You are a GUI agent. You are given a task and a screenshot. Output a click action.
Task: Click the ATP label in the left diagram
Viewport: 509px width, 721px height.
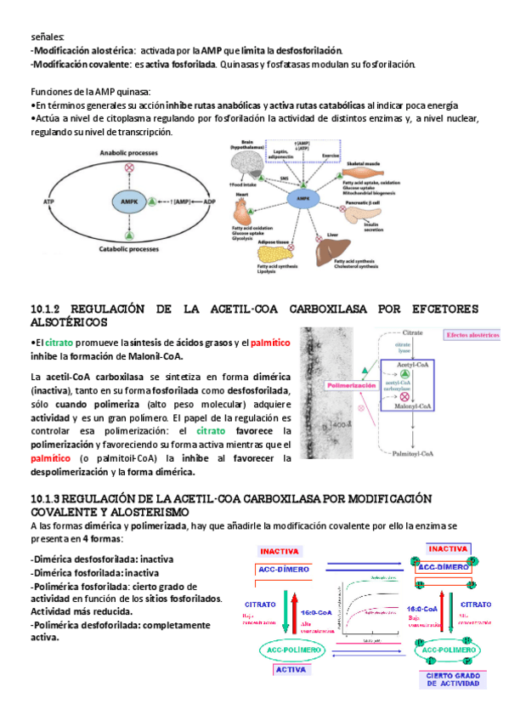48,202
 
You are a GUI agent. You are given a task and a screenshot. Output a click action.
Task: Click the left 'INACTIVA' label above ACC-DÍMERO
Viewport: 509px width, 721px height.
280,549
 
